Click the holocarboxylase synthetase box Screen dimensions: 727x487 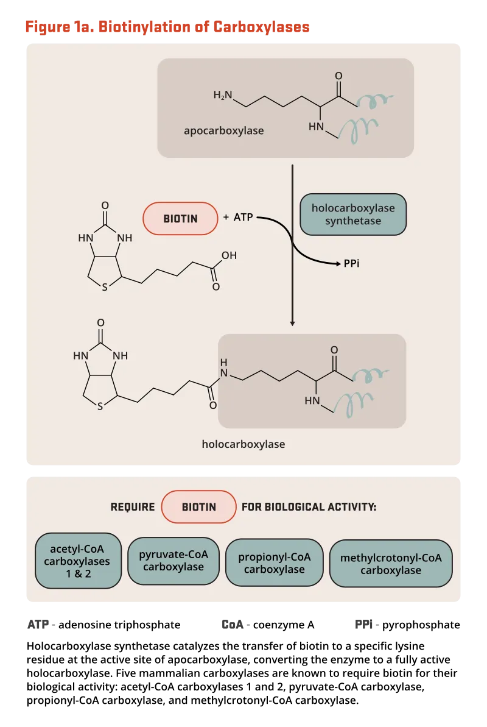[x=353, y=215]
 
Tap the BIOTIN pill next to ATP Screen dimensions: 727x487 [x=180, y=218]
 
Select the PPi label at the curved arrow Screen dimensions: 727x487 [x=352, y=264]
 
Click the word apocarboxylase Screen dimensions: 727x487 [x=224, y=130]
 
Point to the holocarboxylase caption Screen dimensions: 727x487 [x=243, y=444]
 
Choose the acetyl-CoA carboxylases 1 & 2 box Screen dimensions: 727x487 [x=79, y=561]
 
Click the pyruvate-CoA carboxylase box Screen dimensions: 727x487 [x=173, y=561]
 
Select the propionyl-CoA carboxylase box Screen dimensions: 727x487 [x=274, y=562]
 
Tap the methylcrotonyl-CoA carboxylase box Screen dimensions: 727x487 [x=391, y=564]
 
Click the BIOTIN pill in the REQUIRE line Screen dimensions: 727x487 [x=199, y=506]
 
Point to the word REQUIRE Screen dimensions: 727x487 [x=133, y=507]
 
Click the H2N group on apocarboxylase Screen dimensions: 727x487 [x=223, y=95]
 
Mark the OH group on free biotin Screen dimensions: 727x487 [x=229, y=255]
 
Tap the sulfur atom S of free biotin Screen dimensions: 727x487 [x=105, y=288]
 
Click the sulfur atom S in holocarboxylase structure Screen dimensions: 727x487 [x=100, y=408]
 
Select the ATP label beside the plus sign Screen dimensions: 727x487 [x=243, y=218]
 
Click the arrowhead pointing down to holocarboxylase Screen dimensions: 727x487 [x=293, y=323]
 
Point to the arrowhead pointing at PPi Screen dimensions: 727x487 [x=338, y=264]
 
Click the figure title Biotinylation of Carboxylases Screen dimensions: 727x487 [x=167, y=27]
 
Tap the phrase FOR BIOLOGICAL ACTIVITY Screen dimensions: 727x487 [x=309, y=507]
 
